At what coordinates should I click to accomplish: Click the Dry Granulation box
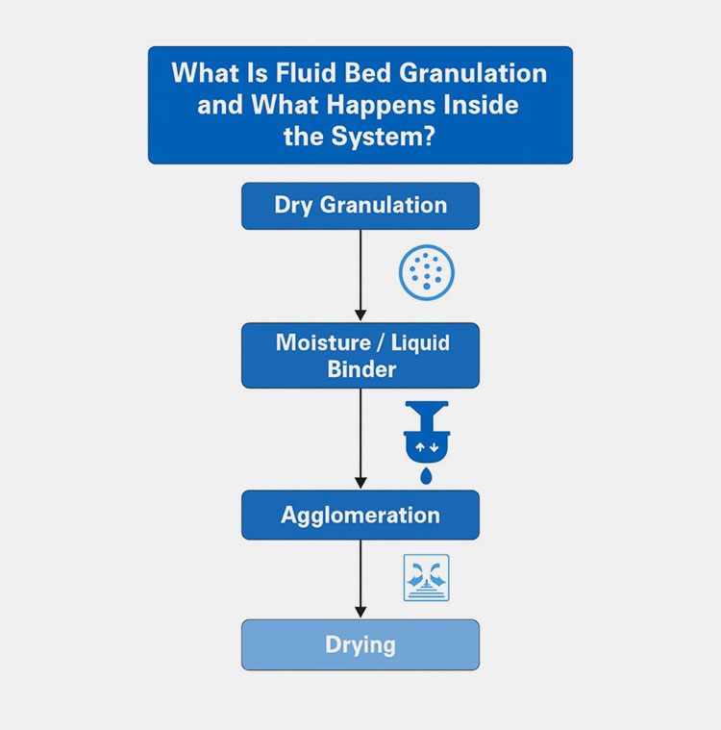pyautogui.click(x=360, y=206)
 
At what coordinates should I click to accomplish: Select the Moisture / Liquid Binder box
pyautogui.click(x=360, y=355)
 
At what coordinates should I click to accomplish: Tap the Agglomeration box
pyautogui.click(x=360, y=515)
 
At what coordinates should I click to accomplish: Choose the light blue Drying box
pyautogui.click(x=360, y=643)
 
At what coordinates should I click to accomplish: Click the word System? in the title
pyautogui.click(x=394, y=135)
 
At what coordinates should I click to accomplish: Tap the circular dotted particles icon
pyautogui.click(x=426, y=273)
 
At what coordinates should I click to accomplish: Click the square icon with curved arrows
pyautogui.click(x=426, y=578)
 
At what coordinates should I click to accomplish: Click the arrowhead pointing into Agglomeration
pyautogui.click(x=360, y=483)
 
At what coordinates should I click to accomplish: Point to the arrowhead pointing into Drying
pyautogui.click(x=360, y=612)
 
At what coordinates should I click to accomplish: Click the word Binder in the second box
pyautogui.click(x=360, y=369)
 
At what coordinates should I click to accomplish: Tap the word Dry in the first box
pyautogui.click(x=292, y=206)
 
